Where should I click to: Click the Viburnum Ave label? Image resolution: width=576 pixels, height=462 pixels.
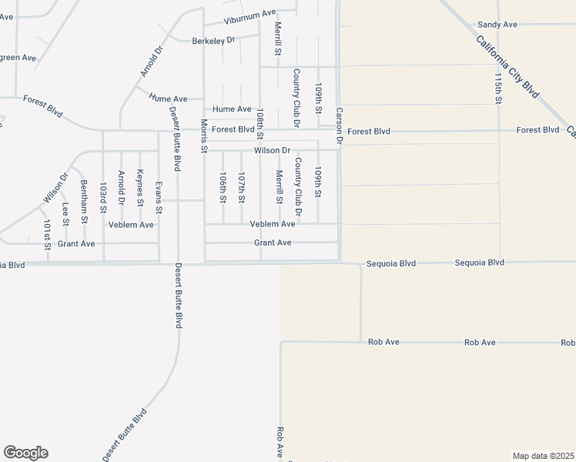(249, 14)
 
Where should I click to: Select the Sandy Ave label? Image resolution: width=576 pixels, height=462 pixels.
(497, 25)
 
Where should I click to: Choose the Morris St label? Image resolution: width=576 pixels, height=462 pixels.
(204, 136)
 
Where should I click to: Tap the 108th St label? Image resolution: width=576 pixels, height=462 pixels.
(260, 124)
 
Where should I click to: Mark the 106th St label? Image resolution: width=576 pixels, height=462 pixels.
(223, 187)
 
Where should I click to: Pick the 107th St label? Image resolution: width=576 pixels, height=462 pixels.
(241, 187)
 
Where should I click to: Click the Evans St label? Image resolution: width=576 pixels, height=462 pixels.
(159, 197)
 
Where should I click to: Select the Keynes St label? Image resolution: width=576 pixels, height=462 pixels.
(139, 189)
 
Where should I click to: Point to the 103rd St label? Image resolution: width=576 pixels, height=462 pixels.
(102, 198)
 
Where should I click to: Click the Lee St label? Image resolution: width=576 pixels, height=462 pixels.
(65, 213)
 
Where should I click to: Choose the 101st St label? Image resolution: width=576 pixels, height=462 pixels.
(47, 235)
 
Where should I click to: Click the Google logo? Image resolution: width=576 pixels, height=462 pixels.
(25, 453)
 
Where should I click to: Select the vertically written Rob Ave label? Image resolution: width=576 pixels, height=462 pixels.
(280, 443)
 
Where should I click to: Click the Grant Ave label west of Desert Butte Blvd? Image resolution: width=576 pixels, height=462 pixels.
(76, 243)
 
